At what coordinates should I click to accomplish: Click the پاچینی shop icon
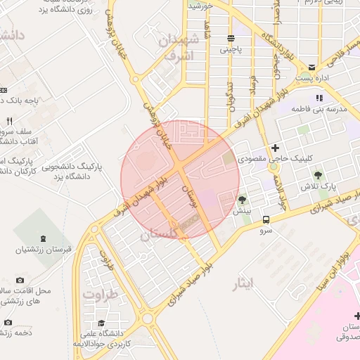click(x=231, y=38)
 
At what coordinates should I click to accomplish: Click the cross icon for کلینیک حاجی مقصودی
click(x=275, y=148)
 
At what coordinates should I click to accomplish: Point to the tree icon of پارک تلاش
click(x=319, y=174)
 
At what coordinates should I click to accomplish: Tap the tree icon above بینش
click(x=242, y=200)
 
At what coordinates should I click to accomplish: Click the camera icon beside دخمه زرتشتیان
click(x=8, y=322)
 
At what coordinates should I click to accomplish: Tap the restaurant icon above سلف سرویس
click(x=8, y=121)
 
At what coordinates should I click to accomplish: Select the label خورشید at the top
click(x=201, y=6)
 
